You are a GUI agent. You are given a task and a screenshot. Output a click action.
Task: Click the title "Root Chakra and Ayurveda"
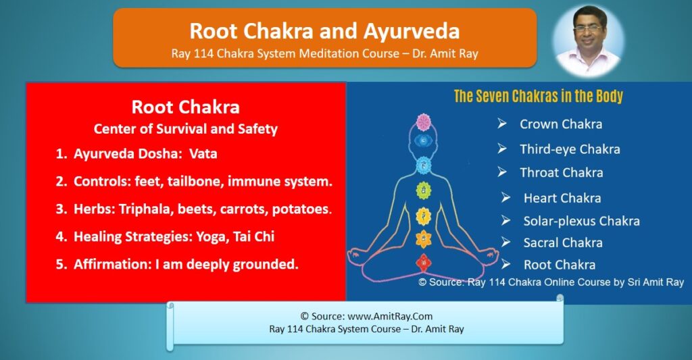tap(324, 31)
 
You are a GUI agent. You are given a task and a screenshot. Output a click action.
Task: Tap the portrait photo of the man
tap(587, 41)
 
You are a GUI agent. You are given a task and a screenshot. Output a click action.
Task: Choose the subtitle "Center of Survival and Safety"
tap(185, 129)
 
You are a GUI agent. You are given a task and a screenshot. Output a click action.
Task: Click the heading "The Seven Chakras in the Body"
tap(538, 96)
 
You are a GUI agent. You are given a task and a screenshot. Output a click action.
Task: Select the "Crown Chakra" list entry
tap(560, 124)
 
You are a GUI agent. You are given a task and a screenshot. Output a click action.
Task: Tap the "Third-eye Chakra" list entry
tap(569, 149)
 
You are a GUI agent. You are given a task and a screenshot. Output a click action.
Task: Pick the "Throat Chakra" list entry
tap(561, 172)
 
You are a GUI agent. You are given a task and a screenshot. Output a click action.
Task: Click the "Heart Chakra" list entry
tap(562, 198)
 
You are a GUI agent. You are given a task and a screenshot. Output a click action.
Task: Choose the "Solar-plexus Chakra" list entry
tap(580, 221)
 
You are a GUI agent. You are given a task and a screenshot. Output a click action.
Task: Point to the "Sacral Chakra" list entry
tap(562, 242)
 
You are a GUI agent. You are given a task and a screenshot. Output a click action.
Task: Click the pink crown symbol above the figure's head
tap(423, 122)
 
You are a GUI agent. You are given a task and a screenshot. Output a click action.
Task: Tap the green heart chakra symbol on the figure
tap(423, 190)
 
